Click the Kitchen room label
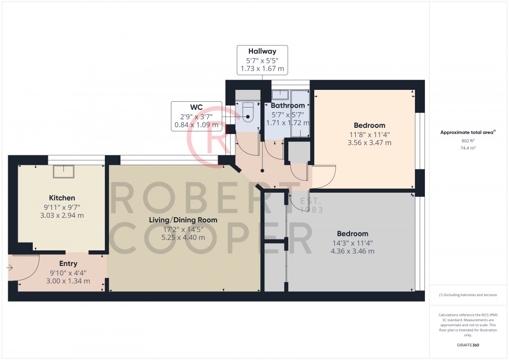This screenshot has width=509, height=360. pyautogui.click(x=62, y=198)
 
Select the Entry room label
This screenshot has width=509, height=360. pyautogui.click(x=68, y=264)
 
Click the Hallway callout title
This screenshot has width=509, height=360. pyautogui.click(x=262, y=51)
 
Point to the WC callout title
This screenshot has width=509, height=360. pyautogui.click(x=196, y=108)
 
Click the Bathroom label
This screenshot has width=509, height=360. pyautogui.click(x=288, y=105)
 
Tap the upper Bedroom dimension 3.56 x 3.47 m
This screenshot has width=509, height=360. pyautogui.click(x=369, y=142)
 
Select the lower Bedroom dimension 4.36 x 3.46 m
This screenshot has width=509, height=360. pyautogui.click(x=352, y=251)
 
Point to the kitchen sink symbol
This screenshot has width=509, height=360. pyautogui.click(x=64, y=170)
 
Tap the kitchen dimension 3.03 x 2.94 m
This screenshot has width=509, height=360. pyautogui.click(x=62, y=215)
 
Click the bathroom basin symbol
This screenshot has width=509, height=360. pyautogui.click(x=280, y=95)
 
